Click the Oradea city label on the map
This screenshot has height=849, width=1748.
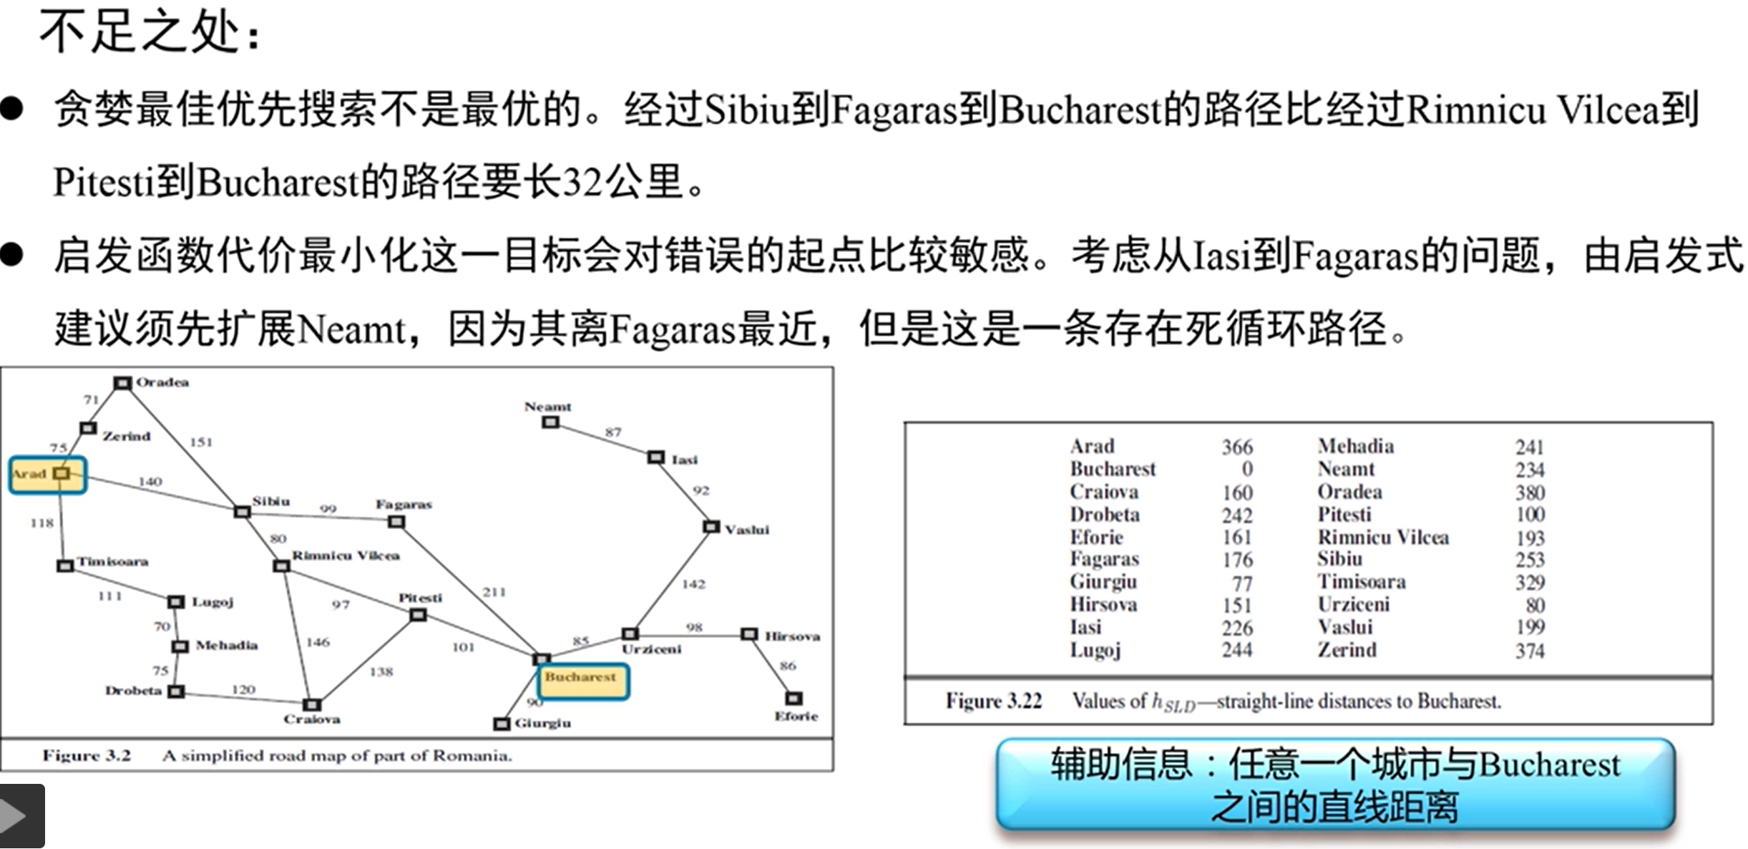162,382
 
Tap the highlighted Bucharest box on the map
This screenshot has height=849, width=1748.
583,680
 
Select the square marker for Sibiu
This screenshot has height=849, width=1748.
243,512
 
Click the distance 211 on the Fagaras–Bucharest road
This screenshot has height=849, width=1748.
494,592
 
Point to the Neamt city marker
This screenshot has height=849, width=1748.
550,422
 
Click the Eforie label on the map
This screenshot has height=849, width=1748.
796,716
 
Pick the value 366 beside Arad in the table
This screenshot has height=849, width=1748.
1236,447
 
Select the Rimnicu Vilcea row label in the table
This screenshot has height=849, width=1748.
1382,537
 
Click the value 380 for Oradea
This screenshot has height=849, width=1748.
1529,493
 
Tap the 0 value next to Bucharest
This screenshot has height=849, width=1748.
1246,469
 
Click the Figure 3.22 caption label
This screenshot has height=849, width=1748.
993,700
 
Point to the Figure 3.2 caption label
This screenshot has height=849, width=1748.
87,755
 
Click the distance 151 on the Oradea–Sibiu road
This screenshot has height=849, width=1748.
201,442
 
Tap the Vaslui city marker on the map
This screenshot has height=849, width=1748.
711,527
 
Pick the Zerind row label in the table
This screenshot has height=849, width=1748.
1347,650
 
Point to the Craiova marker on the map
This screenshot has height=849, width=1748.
312,704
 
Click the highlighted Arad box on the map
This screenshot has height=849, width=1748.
48,475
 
